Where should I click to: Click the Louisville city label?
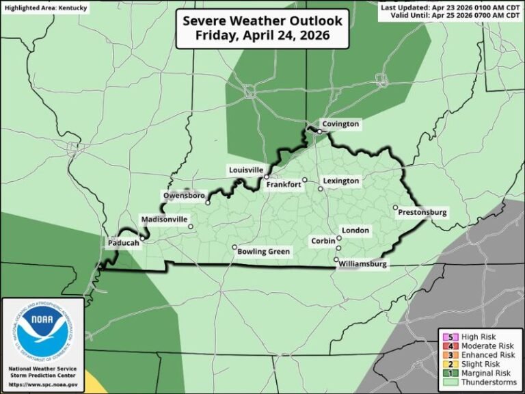tap(245, 169)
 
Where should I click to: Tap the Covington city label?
tap(340, 124)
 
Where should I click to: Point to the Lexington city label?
tap(340, 181)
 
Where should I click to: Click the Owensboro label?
tap(184, 196)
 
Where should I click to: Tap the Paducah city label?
tap(123, 242)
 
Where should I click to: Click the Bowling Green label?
tap(263, 252)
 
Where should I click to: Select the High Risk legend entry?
tap(479, 337)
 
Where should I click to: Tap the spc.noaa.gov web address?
tap(42, 385)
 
